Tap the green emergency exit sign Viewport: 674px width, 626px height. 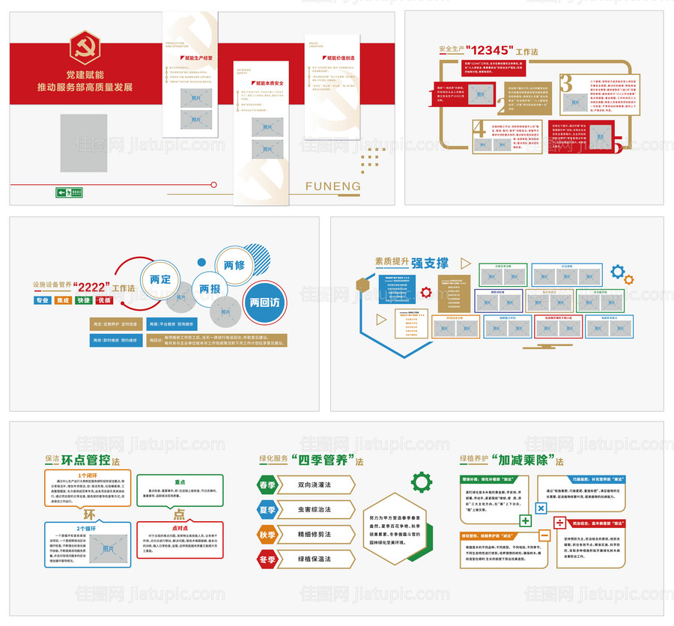pos(69,192)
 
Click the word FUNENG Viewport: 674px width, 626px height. pos(333,186)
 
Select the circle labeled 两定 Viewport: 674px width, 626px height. pos(161,279)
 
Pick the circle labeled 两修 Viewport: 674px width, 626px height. pos(234,265)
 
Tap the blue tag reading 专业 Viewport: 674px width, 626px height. pos(43,300)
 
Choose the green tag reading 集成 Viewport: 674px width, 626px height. pos(64,300)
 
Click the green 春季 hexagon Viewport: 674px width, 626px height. pos(268,485)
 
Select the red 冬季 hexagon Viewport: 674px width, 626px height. pos(268,559)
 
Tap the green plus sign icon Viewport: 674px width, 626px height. pos(525,520)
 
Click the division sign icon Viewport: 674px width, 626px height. pos(559,522)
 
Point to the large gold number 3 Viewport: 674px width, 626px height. pos(566,83)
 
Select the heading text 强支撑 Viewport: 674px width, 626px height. pos(431,263)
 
